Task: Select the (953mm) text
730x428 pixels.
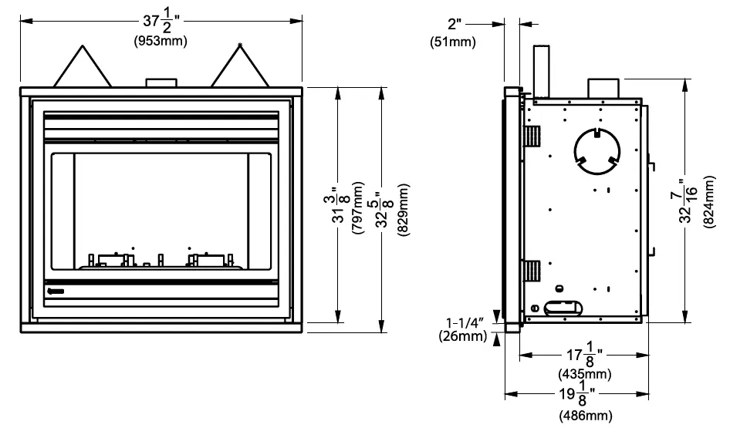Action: [161, 40]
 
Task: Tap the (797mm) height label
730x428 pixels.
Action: [357, 207]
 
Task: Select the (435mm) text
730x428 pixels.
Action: [584, 374]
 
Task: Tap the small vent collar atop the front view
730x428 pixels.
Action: [161, 82]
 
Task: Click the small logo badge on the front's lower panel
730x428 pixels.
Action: [55, 292]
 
